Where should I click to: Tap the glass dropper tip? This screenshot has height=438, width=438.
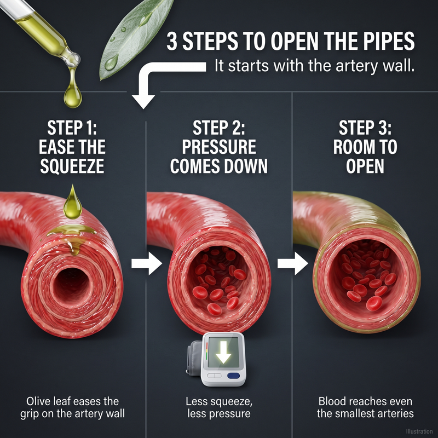coord(73,59)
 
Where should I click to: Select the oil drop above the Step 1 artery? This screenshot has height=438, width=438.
coord(73,203)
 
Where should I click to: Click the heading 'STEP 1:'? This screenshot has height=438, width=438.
coord(72,128)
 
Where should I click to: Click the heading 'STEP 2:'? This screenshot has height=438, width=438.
coord(218,128)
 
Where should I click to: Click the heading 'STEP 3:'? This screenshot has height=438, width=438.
coord(365,128)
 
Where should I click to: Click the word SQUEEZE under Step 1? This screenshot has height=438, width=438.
coord(72,166)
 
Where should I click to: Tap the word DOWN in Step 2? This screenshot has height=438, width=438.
coord(245,166)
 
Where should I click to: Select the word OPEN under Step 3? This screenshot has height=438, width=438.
coord(365,166)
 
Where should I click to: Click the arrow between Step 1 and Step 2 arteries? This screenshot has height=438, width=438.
coord(147,263)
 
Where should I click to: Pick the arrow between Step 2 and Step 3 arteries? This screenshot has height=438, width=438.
coord(293,263)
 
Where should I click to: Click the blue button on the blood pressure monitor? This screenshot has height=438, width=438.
coord(234,376)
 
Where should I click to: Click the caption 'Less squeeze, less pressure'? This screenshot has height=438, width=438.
coord(218,407)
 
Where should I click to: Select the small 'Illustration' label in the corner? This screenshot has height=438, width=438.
coord(419,431)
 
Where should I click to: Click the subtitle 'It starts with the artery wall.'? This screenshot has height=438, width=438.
coord(314,66)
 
